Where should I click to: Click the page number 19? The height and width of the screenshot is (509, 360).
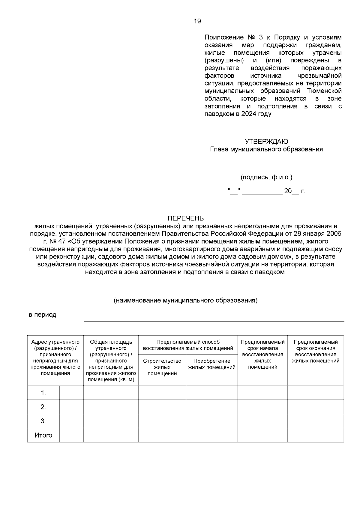(197, 21)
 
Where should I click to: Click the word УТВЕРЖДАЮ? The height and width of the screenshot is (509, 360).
(266, 141)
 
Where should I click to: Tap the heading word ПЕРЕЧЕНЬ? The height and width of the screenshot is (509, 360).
(185, 218)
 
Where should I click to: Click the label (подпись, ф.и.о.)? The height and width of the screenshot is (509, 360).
(266, 177)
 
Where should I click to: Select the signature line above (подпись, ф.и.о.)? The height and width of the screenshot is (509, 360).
(266, 170)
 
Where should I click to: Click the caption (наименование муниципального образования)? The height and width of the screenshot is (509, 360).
(185, 300)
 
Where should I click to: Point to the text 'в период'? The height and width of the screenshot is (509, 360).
(42, 315)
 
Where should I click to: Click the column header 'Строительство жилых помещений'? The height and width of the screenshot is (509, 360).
(162, 367)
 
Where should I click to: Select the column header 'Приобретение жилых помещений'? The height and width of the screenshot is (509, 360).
(212, 364)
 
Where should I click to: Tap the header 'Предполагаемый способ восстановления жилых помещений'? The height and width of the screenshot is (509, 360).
(188, 345)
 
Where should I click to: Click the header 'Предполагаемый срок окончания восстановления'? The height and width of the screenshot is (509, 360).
(316, 351)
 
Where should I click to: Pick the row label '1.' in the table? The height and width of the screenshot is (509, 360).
(43, 393)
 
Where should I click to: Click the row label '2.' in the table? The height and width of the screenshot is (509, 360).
(43, 407)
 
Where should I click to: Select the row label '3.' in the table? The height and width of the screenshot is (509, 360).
(43, 421)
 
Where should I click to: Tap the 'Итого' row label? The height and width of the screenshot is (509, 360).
(43, 435)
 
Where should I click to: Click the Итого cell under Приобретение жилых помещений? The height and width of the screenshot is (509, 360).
(212, 435)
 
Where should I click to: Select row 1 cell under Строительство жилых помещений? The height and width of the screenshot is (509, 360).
(162, 393)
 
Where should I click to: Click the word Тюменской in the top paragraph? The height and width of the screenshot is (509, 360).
(324, 91)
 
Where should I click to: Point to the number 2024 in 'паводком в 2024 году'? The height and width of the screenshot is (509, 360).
(247, 114)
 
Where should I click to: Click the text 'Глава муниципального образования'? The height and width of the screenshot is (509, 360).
(266, 149)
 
